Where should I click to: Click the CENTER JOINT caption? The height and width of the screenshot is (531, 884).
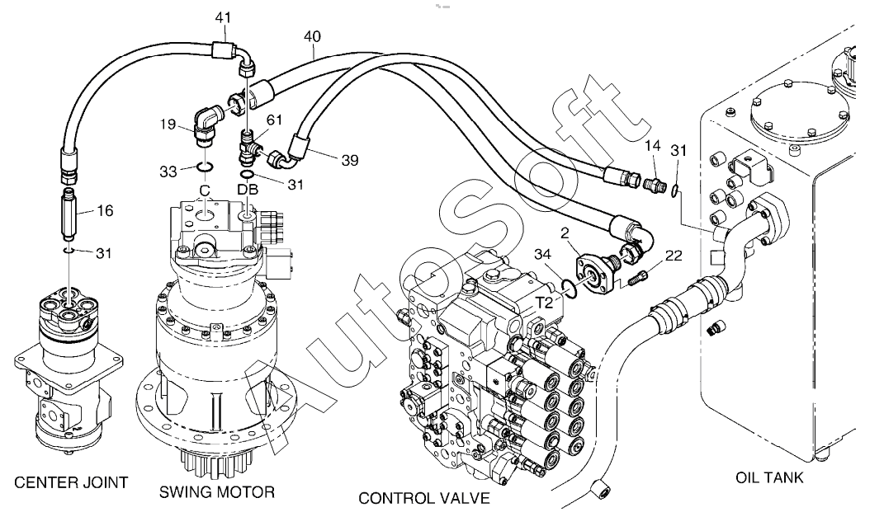pos(71,482)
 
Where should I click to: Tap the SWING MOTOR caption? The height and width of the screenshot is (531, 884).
pos(217,492)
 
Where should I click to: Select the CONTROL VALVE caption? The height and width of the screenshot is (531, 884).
pos(424,498)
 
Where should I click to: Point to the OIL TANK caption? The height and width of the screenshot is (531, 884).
pos(769,478)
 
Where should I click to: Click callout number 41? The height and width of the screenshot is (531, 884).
pos(223,18)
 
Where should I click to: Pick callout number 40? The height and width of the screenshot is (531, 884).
pos(312,37)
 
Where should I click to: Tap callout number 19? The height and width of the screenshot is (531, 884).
pos(168,124)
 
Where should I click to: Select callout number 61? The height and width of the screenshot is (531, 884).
pos(275,120)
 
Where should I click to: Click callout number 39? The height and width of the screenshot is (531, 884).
pos(350,161)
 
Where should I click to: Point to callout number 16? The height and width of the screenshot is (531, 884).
pos(105,210)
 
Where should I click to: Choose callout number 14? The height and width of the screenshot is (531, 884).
pos(652,146)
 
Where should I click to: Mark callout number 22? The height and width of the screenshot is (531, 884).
pos(674,256)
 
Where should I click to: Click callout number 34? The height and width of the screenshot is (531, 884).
pos(542,255)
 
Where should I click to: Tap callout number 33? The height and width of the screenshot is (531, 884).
pos(168,172)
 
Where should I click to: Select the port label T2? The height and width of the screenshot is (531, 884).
pos(544,303)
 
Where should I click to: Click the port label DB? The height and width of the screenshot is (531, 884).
pos(248,190)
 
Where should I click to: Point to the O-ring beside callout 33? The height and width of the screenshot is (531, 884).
pos(205,167)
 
